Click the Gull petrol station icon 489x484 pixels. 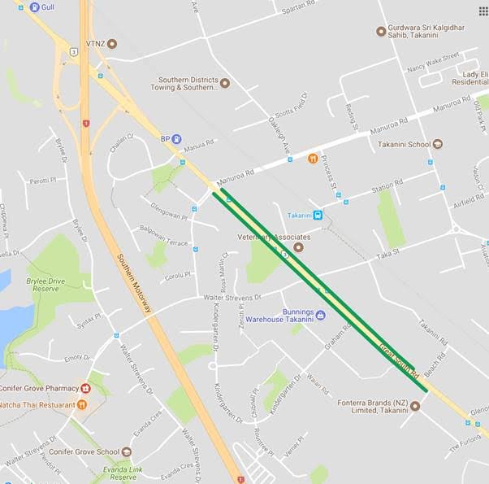click(33, 7)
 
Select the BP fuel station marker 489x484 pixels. click(176, 139)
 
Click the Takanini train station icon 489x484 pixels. click(317, 215)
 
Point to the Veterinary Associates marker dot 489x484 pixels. click(297, 246)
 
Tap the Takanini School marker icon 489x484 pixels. click(438, 144)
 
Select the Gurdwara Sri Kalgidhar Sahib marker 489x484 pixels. click(380, 31)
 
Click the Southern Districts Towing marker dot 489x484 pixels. click(225, 83)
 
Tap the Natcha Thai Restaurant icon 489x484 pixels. click(82, 404)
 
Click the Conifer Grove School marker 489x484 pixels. click(126, 452)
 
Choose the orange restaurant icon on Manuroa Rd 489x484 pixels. click(312, 158)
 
